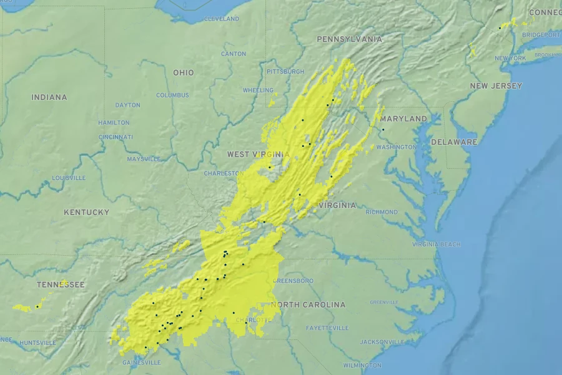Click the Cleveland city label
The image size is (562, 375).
(x=221, y=19)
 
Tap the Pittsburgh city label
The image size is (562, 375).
(x=285, y=72)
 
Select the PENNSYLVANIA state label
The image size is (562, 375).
(x=349, y=39)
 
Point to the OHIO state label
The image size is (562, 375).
(x=184, y=72)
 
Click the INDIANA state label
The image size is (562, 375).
(x=49, y=97)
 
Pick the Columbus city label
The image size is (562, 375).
(x=172, y=96)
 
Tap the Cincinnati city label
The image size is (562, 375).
(x=116, y=137)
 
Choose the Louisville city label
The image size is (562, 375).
(x=69, y=178)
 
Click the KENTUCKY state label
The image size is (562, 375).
(x=86, y=212)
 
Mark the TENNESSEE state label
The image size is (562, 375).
(x=61, y=285)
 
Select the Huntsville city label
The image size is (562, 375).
(x=37, y=342)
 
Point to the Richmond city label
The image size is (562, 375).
(x=382, y=212)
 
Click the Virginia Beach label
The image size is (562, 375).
(x=436, y=244)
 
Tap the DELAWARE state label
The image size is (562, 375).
(x=454, y=142)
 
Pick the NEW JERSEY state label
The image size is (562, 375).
(x=496, y=86)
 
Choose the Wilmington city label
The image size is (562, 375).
(x=362, y=365)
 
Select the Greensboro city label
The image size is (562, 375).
(x=293, y=281)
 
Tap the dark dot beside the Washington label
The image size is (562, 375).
(x=383, y=129)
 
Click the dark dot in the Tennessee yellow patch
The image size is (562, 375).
(x=37, y=306)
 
